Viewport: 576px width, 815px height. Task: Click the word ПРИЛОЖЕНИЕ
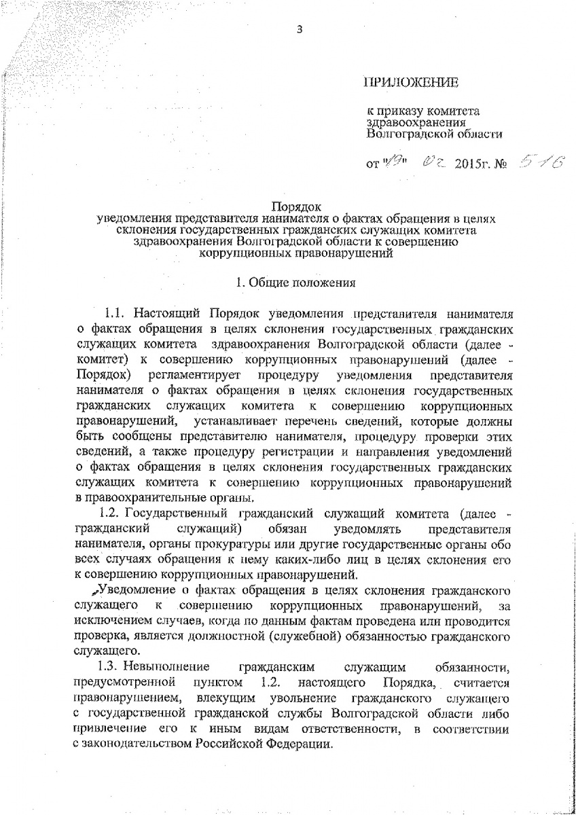point(412,83)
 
